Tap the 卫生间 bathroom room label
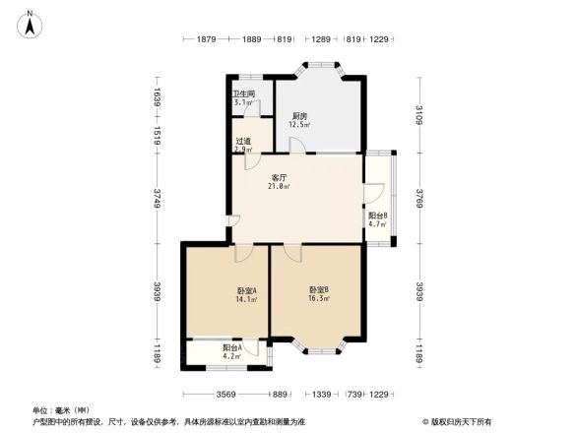(x=245, y=93)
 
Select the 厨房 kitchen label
(x=297, y=115)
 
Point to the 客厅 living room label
(x=280, y=177)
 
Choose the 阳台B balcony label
(x=378, y=216)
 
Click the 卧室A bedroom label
(x=247, y=290)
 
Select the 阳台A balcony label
(x=231, y=347)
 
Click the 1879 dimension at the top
(x=206, y=39)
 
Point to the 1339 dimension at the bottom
(x=321, y=394)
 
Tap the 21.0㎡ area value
(x=280, y=186)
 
